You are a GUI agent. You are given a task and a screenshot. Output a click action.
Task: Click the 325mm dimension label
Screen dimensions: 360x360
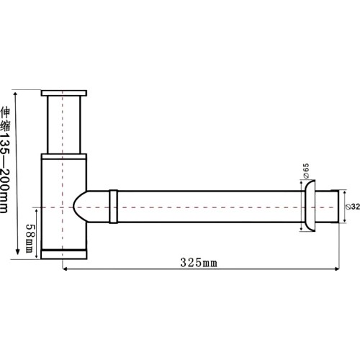tap(199, 263)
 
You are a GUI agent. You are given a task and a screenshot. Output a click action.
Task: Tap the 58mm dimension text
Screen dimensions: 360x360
tap(30, 238)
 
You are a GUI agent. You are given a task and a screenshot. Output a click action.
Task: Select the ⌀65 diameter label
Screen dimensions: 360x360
tap(306, 171)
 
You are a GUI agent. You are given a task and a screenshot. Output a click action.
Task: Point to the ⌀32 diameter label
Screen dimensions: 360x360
tap(353, 207)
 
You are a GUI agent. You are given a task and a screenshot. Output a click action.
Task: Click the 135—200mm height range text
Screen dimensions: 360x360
tap(5, 172)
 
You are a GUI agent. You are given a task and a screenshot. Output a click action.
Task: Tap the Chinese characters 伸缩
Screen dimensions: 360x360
tap(5, 120)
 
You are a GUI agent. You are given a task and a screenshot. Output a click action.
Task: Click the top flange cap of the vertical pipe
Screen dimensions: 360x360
tap(64, 93)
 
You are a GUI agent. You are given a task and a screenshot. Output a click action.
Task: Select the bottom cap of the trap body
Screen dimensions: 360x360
tap(64, 254)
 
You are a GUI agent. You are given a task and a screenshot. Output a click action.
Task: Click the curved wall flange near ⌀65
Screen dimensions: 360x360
tap(310, 206)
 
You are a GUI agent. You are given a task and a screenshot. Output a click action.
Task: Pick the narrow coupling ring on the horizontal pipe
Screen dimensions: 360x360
tap(114, 207)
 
